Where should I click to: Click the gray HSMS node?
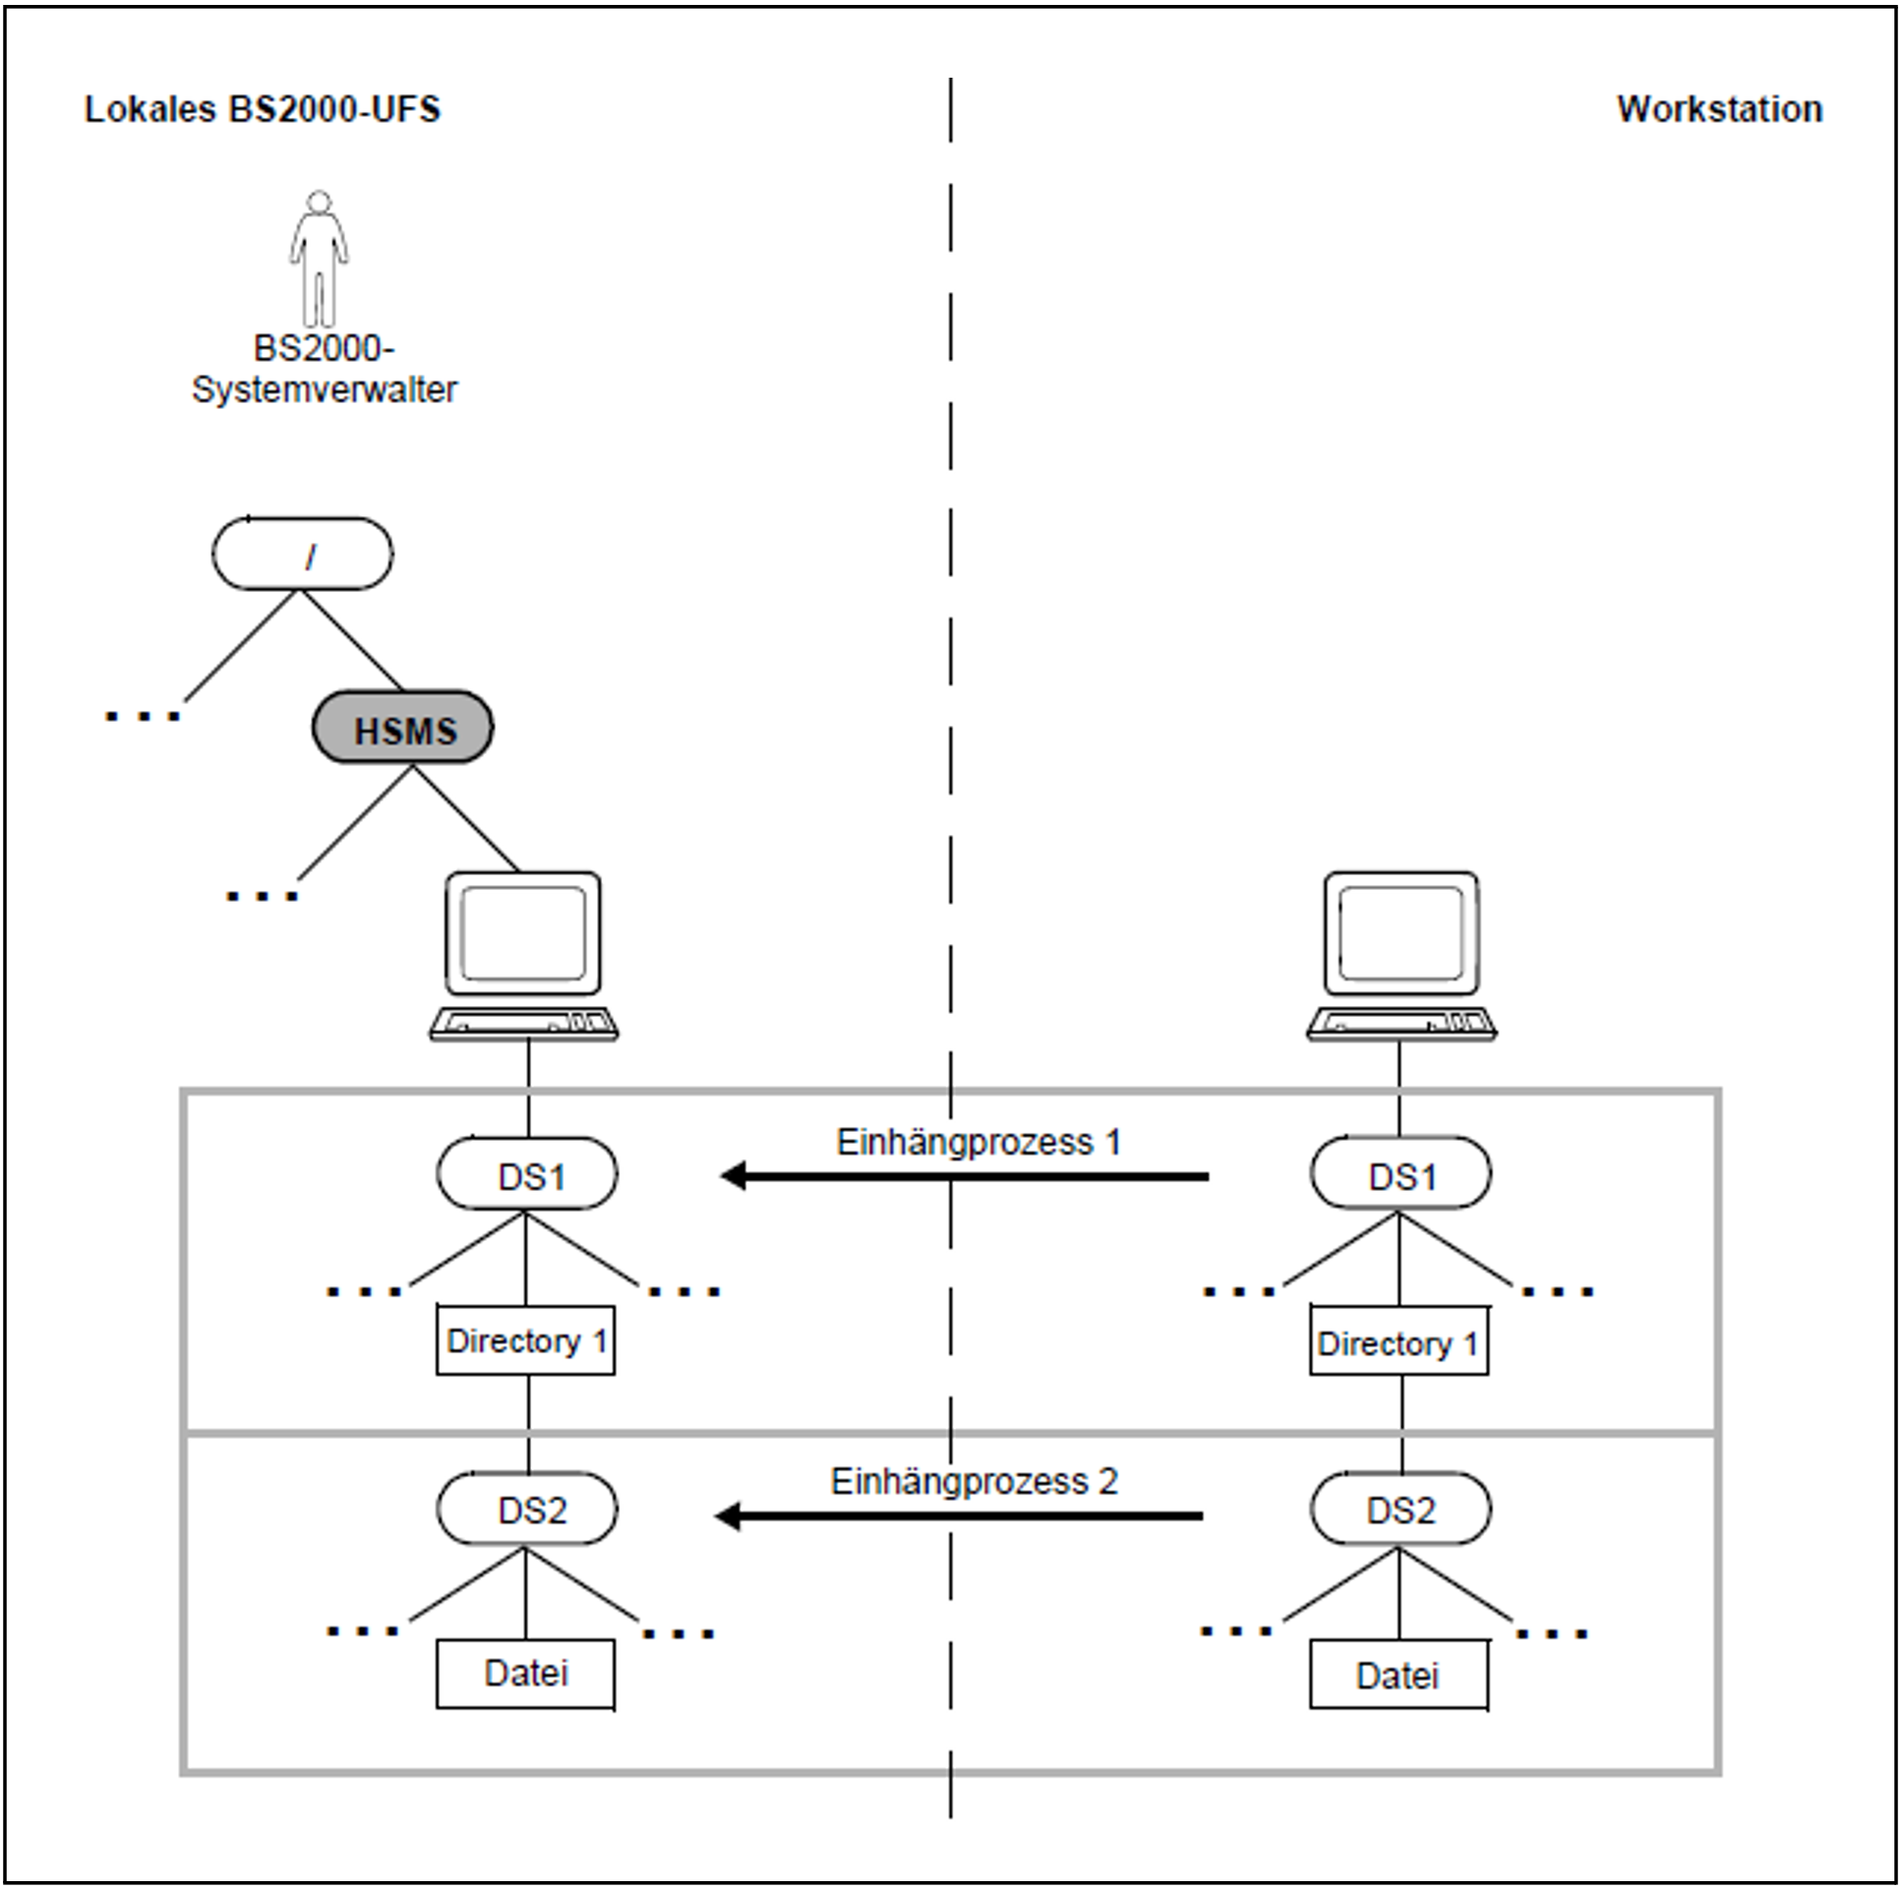403,729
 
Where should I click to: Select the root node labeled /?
303,554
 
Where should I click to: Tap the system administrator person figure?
319,259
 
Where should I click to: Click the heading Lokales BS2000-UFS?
263,109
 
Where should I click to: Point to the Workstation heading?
1720,109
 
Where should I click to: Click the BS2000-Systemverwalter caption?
325,370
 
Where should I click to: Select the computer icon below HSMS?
523,956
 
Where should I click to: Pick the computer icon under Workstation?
1401,956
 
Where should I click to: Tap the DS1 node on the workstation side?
1400,1173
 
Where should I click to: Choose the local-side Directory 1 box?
526,1341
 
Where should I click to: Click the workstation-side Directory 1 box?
1399,1341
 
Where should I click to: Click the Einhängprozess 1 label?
979,1143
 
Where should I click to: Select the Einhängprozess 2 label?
974,1482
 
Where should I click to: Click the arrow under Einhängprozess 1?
965,1176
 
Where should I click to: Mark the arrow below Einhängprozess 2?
959,1516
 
